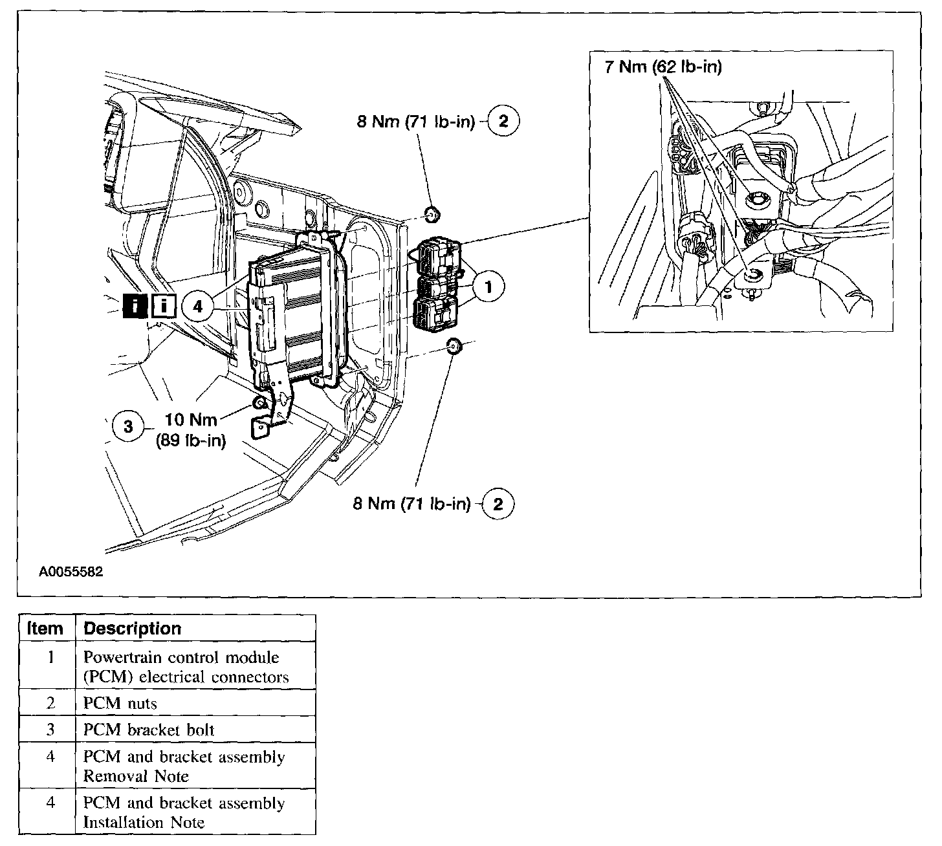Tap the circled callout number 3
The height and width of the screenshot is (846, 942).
[x=128, y=427]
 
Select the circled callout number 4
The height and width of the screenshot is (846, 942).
[x=198, y=306]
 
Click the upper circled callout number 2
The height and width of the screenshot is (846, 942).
[x=503, y=121]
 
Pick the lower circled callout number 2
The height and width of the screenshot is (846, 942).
[x=498, y=504]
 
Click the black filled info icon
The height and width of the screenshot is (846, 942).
[x=135, y=306]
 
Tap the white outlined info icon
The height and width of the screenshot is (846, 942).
[x=164, y=306]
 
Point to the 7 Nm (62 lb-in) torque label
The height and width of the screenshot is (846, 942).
[x=663, y=66]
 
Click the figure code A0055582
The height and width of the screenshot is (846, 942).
[x=71, y=572]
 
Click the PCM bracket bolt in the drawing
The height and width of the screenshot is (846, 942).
[x=260, y=404]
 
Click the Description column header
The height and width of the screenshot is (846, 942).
[x=133, y=628]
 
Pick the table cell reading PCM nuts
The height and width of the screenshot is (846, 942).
[x=120, y=703]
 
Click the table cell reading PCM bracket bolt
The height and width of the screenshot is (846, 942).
[x=149, y=730]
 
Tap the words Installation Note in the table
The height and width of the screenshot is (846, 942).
[x=144, y=823]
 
